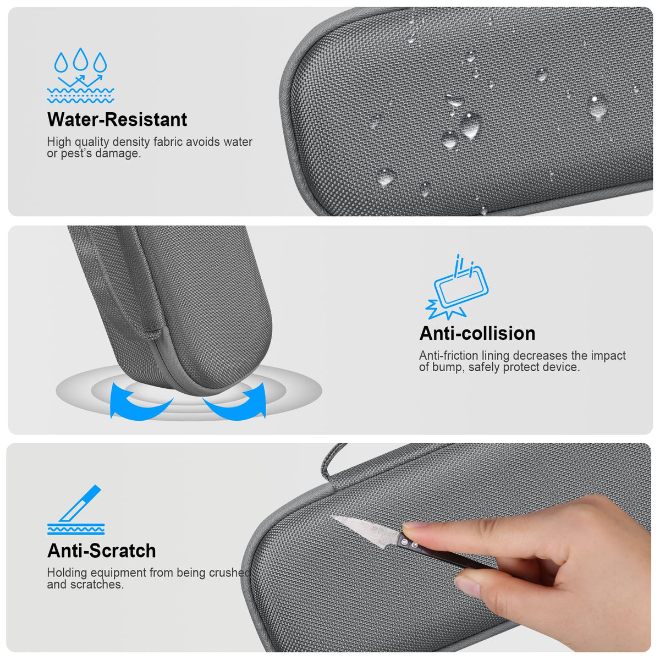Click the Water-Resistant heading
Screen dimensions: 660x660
coord(117,119)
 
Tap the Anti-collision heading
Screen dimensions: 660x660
coord(477,333)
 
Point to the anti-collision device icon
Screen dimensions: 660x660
coord(457,287)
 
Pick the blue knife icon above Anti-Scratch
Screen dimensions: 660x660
coord(76,510)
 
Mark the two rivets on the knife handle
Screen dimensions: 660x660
coord(410,543)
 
